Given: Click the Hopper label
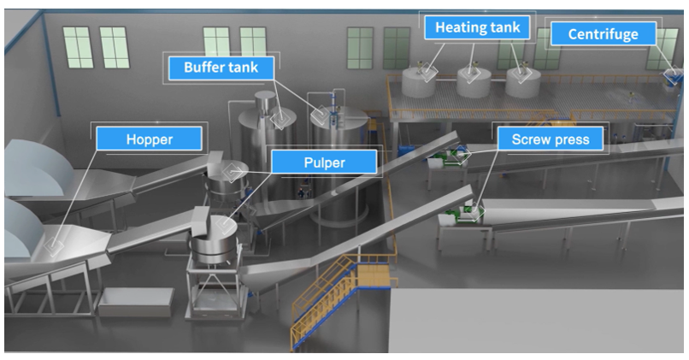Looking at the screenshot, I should tap(150, 138).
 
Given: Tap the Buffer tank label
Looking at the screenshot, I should tap(220, 67).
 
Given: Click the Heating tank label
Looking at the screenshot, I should tap(477, 27).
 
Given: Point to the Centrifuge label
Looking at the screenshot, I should tap(603, 35).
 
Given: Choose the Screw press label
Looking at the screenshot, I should tap(551, 138).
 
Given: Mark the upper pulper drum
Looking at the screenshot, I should tap(229, 178).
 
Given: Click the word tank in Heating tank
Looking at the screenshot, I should tap(503, 27).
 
